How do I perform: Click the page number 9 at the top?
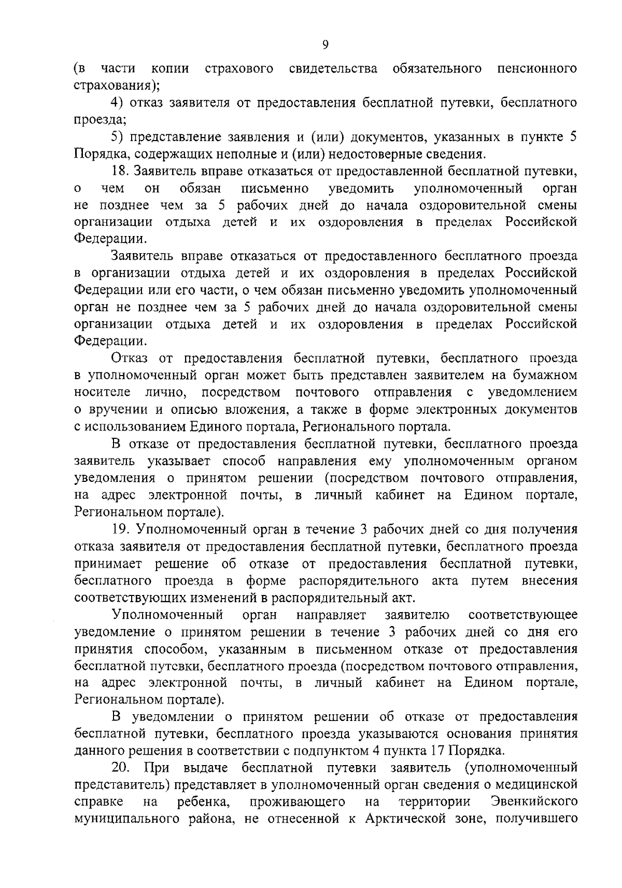point(325,45)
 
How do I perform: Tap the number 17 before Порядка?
point(437,751)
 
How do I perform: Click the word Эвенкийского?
point(534,801)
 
